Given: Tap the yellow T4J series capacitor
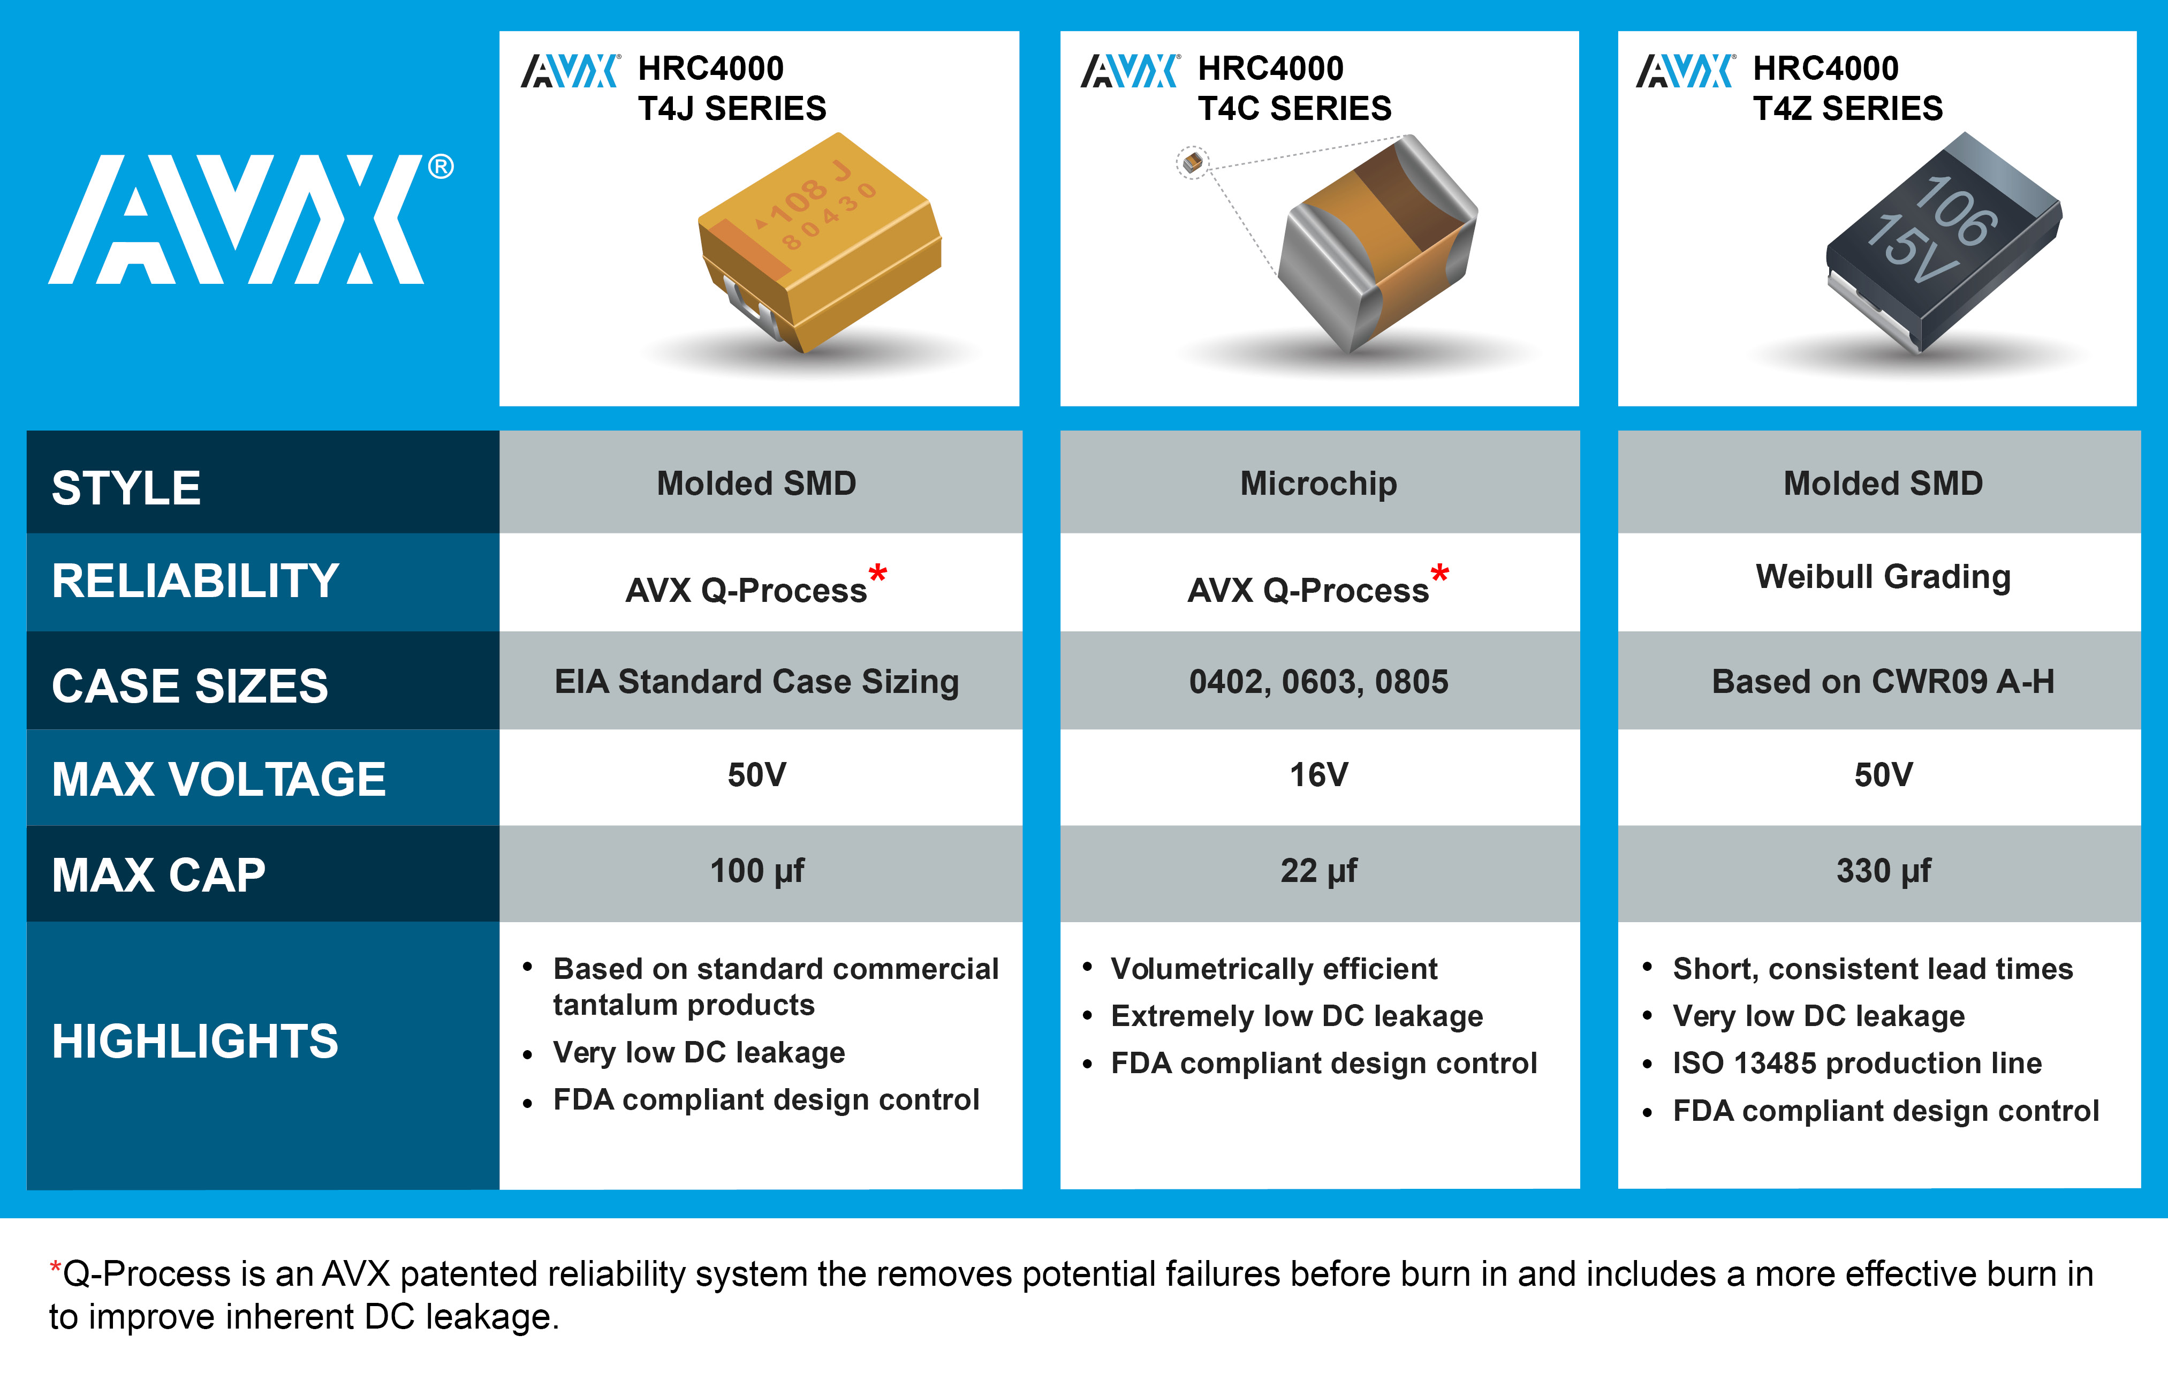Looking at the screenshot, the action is coord(820,242).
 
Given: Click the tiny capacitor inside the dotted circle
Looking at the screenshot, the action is coord(1193,163).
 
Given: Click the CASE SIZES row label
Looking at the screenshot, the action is coord(190,685).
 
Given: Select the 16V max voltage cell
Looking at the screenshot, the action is coord(1319,775).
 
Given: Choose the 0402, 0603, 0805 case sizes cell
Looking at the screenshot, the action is coord(1319,682).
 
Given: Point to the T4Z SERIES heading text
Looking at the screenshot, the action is coord(1847,108).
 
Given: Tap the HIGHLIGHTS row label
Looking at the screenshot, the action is coord(195,1042).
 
